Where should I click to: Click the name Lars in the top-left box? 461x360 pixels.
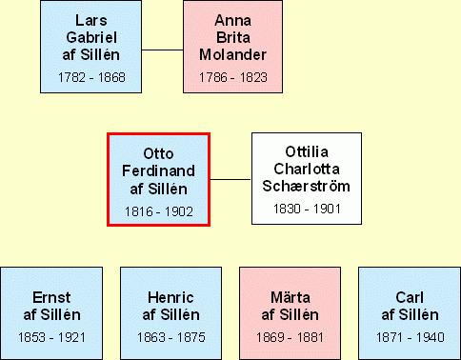[91, 21]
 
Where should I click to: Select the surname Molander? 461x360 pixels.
[232, 54]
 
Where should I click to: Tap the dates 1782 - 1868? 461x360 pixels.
[91, 77]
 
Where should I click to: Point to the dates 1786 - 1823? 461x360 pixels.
[233, 77]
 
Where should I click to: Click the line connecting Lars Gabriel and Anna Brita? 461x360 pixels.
[162, 50]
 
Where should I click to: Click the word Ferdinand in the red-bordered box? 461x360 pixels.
[158, 171]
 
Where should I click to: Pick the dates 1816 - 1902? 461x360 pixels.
[159, 211]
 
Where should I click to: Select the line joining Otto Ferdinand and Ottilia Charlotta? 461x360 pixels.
[230, 179]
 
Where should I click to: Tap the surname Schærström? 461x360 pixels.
[307, 187]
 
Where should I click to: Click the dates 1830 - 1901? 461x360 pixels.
[307, 209]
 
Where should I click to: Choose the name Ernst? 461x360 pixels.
[51, 298]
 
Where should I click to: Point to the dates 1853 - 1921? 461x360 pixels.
[51, 337]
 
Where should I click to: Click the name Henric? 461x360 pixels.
[170, 298]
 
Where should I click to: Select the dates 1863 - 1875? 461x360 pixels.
[171, 337]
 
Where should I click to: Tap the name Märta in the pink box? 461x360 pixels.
[291, 297]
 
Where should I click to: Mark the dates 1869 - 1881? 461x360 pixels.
[290, 337]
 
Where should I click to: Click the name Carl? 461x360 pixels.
[410, 298]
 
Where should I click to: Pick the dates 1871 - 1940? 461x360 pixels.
[411, 337]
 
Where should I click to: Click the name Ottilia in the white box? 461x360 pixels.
[307, 151]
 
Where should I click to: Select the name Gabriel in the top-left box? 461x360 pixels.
[91, 37]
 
